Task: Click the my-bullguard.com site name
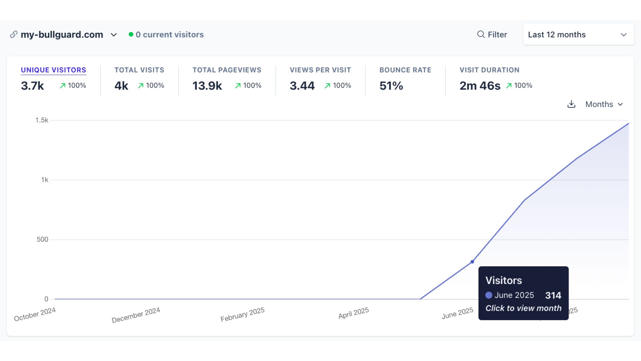(62, 35)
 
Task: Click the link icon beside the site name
(14, 34)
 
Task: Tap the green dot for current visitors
(131, 34)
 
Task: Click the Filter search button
(492, 34)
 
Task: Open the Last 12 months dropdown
(578, 34)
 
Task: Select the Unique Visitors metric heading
(53, 70)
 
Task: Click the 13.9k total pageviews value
(207, 86)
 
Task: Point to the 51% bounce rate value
(391, 86)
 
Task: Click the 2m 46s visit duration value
(480, 86)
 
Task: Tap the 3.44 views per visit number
(302, 86)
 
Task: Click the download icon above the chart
(571, 104)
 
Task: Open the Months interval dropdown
(604, 104)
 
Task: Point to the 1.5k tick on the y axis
(42, 120)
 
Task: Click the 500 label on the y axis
(42, 239)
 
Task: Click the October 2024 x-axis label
(35, 314)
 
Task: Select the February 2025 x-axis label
(242, 315)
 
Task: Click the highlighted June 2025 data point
(472, 262)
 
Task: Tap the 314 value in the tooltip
(553, 295)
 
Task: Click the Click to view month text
(523, 308)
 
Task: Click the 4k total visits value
(121, 86)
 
